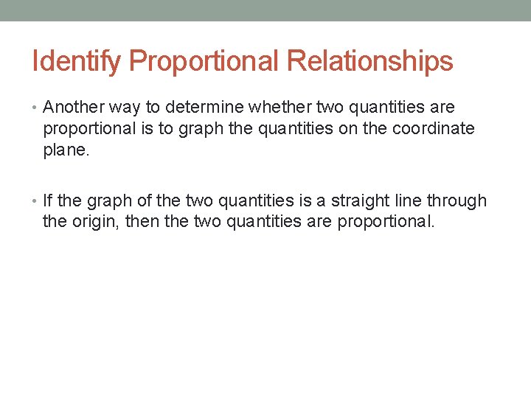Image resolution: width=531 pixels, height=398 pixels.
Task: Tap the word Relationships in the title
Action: point(370,62)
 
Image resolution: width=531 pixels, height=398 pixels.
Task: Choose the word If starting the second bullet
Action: point(48,200)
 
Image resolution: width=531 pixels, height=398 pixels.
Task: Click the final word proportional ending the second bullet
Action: point(386,221)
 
